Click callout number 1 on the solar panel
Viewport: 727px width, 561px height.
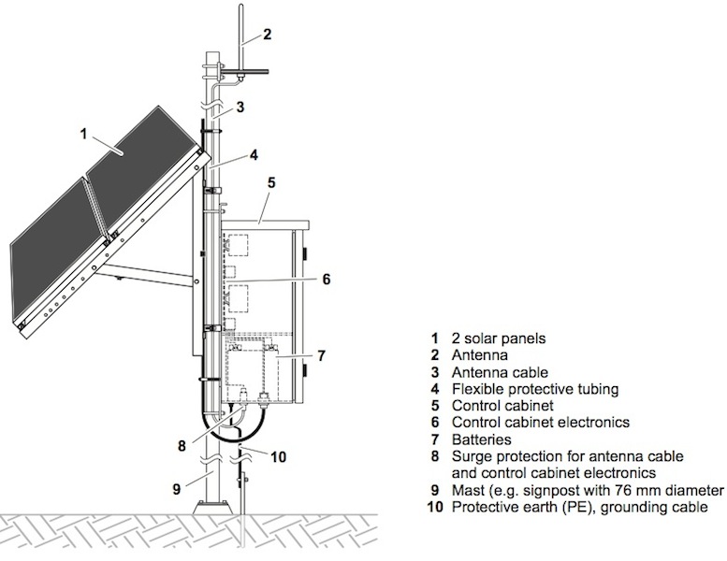(83, 134)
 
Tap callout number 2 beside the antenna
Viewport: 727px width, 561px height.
(267, 36)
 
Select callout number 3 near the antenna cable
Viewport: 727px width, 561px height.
(240, 108)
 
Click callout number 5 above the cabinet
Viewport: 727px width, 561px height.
(270, 184)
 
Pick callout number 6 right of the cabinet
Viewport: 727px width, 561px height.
(325, 279)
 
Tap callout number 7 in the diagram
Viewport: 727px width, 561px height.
(321, 356)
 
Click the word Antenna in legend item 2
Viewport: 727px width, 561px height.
(479, 355)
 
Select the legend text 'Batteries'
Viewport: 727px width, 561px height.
(482, 439)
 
